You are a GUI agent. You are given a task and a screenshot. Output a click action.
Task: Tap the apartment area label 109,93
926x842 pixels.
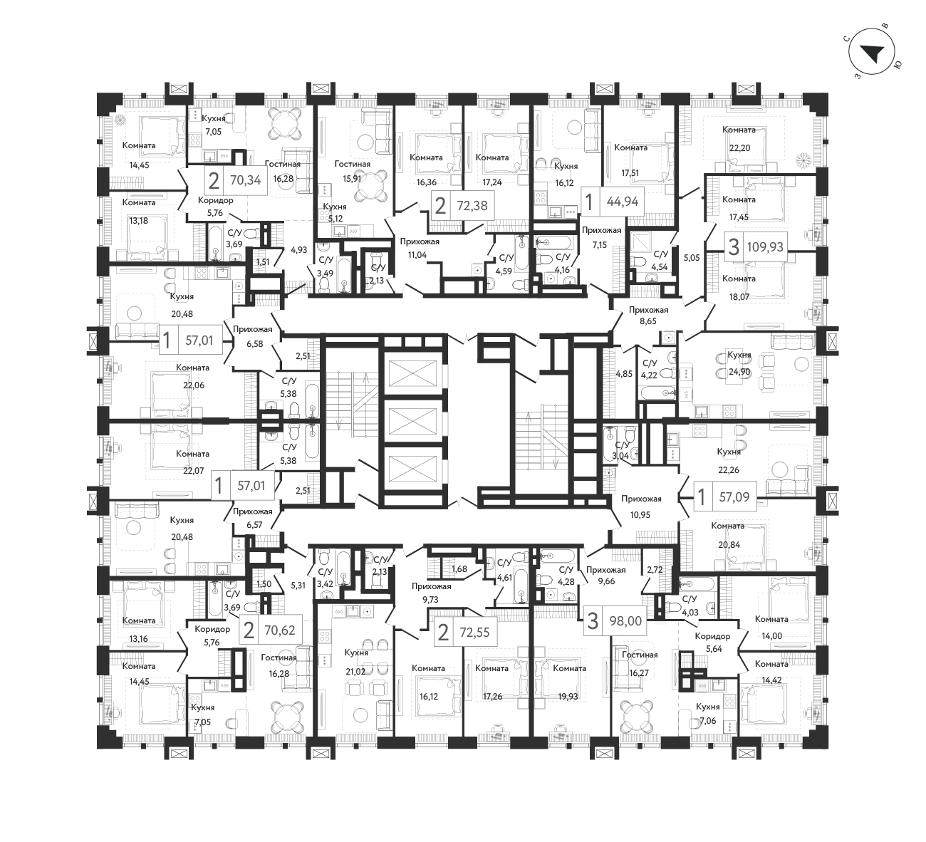(765, 247)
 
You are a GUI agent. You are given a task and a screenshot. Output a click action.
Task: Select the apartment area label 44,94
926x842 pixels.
(623, 202)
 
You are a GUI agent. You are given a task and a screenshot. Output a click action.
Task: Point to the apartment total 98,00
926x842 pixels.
(625, 621)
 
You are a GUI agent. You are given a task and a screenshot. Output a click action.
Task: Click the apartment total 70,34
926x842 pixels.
(246, 180)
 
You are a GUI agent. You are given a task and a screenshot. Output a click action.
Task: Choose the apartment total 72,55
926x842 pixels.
(474, 632)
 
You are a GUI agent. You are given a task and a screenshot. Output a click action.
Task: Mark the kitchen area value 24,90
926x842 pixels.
(739, 372)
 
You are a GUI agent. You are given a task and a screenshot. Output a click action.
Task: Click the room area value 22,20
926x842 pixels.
(739, 148)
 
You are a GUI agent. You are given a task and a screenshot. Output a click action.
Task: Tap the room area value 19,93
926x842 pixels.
(568, 696)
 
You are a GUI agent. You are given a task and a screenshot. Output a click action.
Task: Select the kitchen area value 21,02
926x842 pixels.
(355, 672)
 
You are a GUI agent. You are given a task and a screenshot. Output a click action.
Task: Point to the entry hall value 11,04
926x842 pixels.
(417, 255)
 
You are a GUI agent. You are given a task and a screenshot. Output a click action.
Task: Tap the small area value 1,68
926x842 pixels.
(459, 569)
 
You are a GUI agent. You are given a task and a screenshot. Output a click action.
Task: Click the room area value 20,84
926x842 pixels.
(729, 545)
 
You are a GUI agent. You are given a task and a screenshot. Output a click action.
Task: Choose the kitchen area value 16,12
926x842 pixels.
(564, 183)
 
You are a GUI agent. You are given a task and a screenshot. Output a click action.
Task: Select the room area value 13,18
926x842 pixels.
(138, 221)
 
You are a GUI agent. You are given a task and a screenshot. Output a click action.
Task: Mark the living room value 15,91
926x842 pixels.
(352, 178)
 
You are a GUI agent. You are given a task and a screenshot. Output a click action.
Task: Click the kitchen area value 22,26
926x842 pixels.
(729, 470)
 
